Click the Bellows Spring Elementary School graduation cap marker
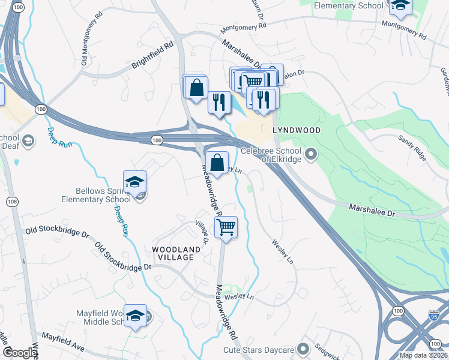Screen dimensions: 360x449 (135, 182)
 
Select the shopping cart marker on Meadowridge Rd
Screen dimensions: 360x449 (226, 227)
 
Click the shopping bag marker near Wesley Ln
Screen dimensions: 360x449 (217, 163)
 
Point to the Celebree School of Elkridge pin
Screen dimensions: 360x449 (311, 155)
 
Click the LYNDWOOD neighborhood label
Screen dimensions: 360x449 (297, 130)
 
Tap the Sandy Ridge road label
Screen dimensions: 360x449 (412, 147)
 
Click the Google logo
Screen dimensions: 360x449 (19, 353)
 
